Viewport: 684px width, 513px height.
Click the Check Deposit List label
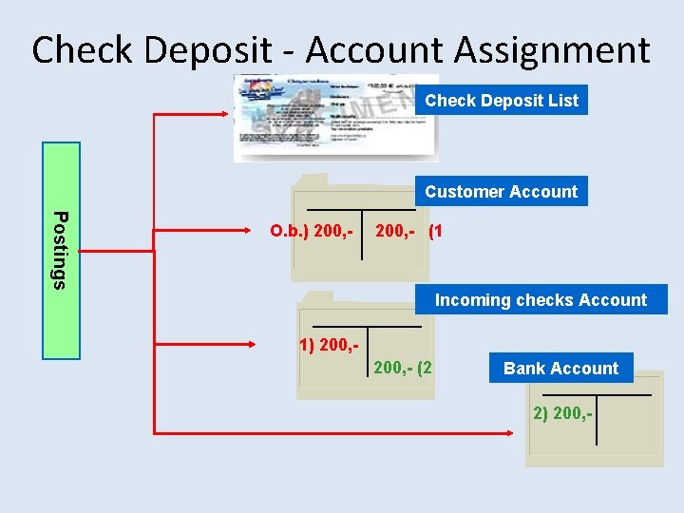502,100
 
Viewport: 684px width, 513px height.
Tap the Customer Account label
501,191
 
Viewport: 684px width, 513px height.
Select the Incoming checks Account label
541,299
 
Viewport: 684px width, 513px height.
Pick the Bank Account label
560,368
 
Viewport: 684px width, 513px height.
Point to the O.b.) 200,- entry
313,231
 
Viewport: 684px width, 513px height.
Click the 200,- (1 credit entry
409,231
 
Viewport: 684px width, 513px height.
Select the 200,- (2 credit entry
404,366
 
